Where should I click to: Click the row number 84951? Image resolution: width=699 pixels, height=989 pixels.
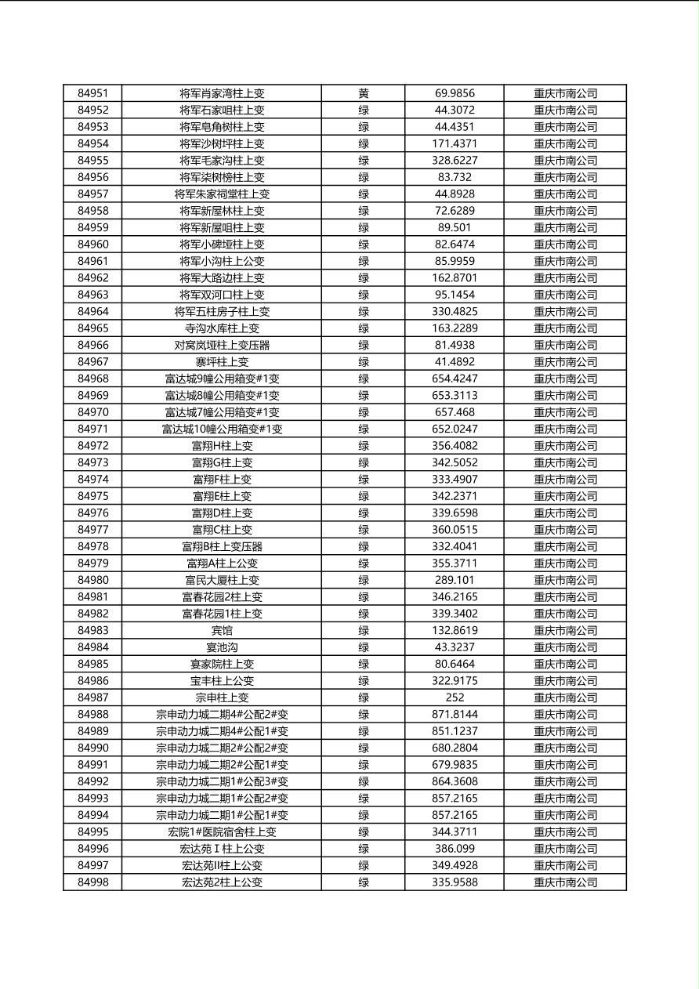coord(93,93)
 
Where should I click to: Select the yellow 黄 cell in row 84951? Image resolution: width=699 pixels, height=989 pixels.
coord(364,93)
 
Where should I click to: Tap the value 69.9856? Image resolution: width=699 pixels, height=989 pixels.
coord(455,93)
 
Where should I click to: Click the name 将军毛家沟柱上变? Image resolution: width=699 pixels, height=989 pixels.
coord(222,161)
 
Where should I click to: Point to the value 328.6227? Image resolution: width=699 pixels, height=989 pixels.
coord(455,161)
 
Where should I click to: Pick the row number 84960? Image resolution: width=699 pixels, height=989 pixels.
coord(93,245)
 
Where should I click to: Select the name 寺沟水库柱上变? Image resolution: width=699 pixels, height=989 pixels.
coord(222,328)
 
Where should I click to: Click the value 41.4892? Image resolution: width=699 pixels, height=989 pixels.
coord(455,362)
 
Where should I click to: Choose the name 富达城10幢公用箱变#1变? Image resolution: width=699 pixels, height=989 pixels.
coord(222,429)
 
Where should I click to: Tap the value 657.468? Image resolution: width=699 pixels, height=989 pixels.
coord(455,412)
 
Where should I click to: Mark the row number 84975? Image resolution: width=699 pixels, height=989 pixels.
coord(93,496)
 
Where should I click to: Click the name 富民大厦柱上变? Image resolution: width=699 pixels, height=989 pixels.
coord(222,580)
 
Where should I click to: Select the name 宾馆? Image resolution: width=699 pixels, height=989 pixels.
coord(222,631)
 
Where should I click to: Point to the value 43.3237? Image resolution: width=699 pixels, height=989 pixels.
coord(455,647)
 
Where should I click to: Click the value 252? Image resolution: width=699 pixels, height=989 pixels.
coord(455,697)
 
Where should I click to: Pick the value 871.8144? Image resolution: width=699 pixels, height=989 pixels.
coord(455,715)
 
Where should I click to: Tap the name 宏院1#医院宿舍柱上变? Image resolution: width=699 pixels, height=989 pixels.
coord(222,832)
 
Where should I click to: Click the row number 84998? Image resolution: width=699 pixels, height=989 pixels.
coord(93,882)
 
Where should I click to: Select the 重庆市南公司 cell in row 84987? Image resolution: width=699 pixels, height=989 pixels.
coord(565,697)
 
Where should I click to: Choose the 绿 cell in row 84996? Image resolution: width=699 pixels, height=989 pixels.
coord(364,849)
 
